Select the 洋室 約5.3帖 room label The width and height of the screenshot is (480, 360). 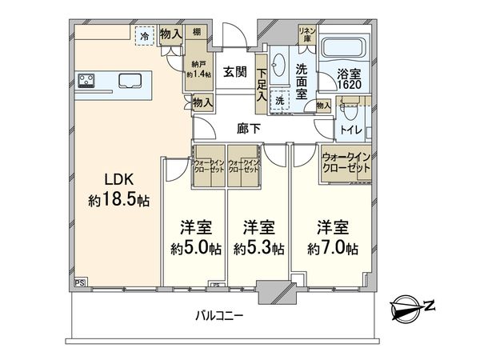[x=258, y=237]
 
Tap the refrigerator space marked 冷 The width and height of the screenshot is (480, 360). [x=144, y=36]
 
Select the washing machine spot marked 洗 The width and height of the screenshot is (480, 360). [x=279, y=102]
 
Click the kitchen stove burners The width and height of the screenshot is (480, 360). [x=87, y=79]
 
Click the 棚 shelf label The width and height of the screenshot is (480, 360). [x=195, y=34]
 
